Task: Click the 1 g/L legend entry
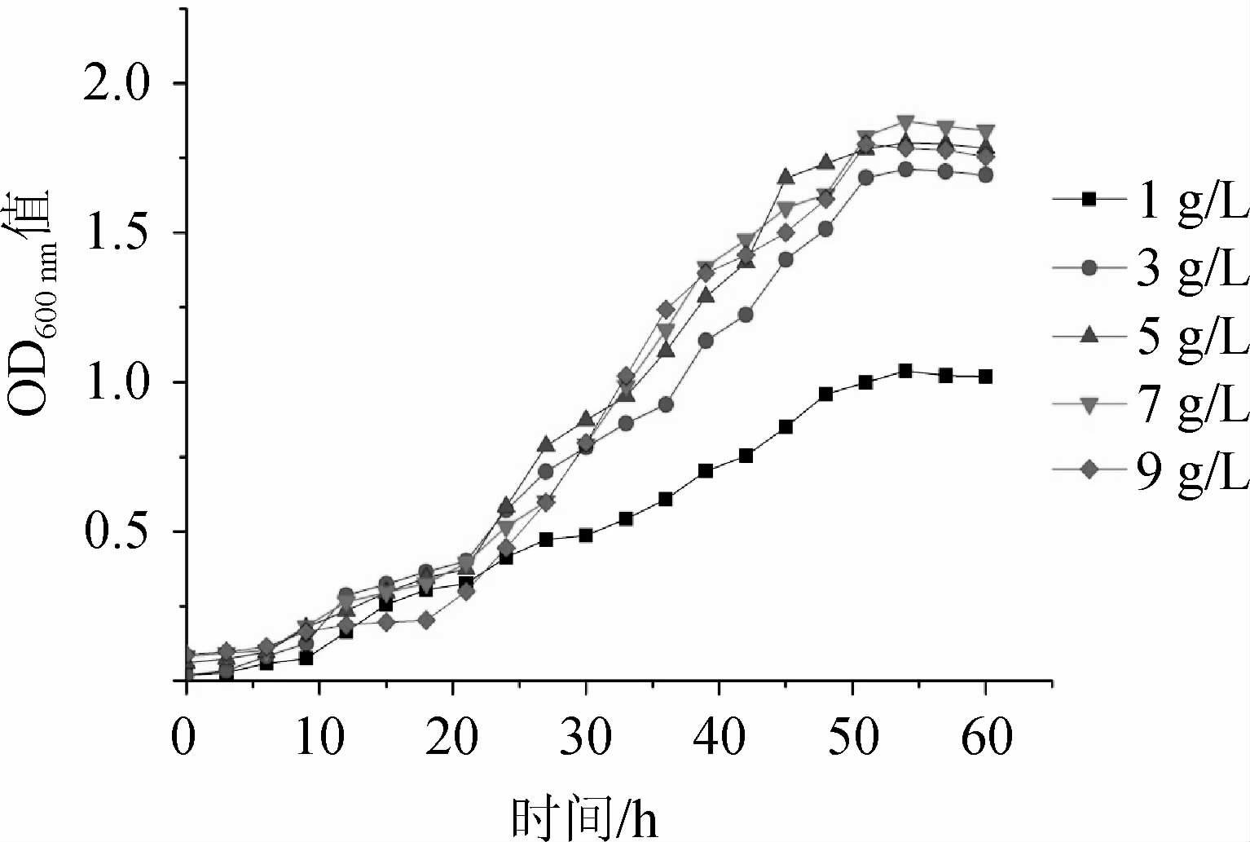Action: point(1149,199)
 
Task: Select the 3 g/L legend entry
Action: point(1149,267)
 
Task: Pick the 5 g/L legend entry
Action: point(1149,334)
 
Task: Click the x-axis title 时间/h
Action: point(584,818)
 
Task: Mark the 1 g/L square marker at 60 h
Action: point(985,377)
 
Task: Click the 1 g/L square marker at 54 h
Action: point(905,371)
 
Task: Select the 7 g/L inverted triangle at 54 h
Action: point(905,122)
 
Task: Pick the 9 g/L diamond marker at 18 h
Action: point(425,620)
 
